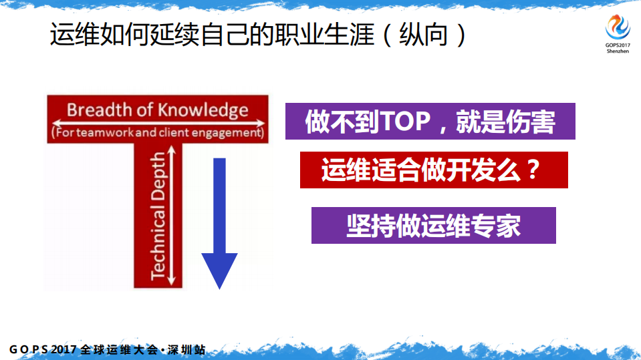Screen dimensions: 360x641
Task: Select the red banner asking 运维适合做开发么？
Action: (x=434, y=170)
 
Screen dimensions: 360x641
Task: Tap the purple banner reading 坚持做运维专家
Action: (x=433, y=226)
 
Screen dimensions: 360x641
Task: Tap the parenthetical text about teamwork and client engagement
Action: (x=157, y=133)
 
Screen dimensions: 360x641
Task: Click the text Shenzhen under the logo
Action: (x=618, y=51)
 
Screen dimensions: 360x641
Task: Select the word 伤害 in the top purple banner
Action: (x=533, y=122)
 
